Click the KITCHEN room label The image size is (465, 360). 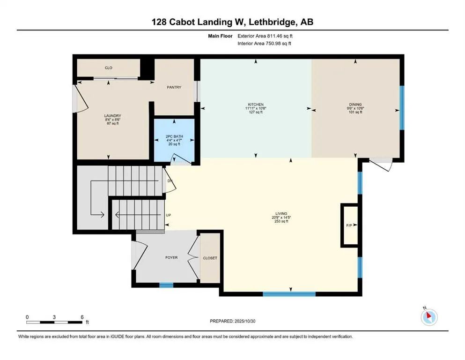coord(256,105)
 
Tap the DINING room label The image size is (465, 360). coord(355,105)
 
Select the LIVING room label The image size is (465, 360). coord(281,214)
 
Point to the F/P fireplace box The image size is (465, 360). coord(349,225)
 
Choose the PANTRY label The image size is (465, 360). coord(174,87)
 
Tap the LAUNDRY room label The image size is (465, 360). coord(112,116)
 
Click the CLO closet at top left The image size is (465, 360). coord(108,68)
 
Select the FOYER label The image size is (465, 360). coord(171,257)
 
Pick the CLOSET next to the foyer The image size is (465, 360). coord(210,258)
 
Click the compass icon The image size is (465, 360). coord(429,317)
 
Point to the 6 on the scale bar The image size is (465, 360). coord(82,317)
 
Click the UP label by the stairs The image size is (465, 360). coord(169,215)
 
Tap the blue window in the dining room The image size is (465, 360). coord(401,108)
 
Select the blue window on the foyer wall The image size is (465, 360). coord(166,285)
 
